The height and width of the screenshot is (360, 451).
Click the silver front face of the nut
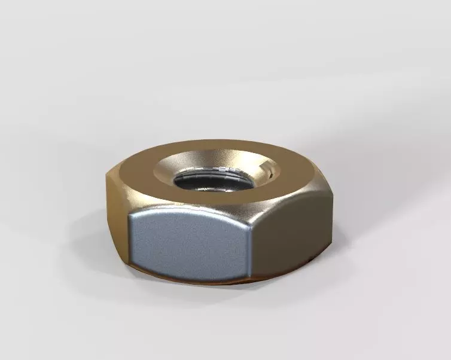click(x=188, y=245)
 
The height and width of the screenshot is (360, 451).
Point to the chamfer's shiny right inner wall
click(x=266, y=173)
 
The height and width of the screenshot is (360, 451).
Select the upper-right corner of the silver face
click(x=246, y=225)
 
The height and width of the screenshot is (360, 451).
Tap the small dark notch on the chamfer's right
click(x=273, y=174)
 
